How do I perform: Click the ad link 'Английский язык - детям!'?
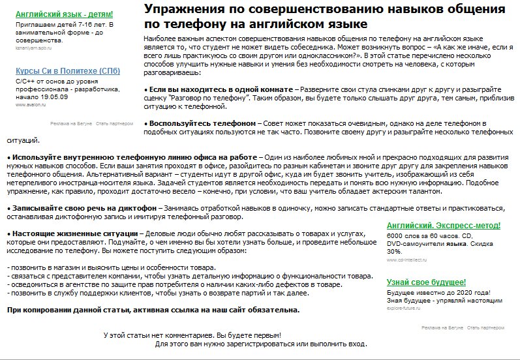pyautogui.click(x=64, y=14)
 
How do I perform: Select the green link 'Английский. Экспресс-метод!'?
pyautogui.click(x=444, y=226)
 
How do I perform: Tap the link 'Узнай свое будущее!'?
pyautogui.click(x=426, y=282)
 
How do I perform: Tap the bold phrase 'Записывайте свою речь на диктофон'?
pyautogui.click(x=84, y=207)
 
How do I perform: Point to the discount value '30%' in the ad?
pyautogui.click(x=394, y=251)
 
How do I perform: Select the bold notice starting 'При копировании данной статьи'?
pyautogui.click(x=153, y=310)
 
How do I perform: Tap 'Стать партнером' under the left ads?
pyautogui.click(x=112, y=123)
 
